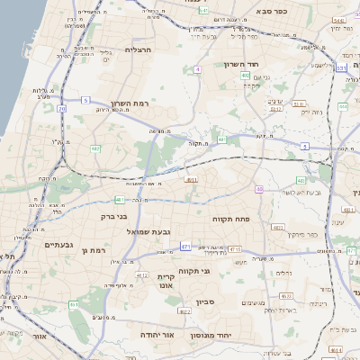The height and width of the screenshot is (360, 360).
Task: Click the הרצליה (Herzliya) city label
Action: [141, 50]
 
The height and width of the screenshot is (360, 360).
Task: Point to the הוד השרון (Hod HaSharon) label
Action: [243, 65]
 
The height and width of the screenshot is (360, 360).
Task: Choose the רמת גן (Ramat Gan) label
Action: [94, 250]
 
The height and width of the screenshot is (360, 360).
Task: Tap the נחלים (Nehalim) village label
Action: [285, 271]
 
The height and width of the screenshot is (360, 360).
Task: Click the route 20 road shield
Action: [61, 109]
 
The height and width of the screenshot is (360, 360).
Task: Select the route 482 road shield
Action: [95, 148]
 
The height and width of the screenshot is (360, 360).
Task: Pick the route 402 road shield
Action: [246, 76]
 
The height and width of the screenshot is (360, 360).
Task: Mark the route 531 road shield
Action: [341, 67]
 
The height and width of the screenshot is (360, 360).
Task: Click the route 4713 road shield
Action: [235, 249]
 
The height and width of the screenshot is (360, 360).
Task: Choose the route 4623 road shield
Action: [286, 295]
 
